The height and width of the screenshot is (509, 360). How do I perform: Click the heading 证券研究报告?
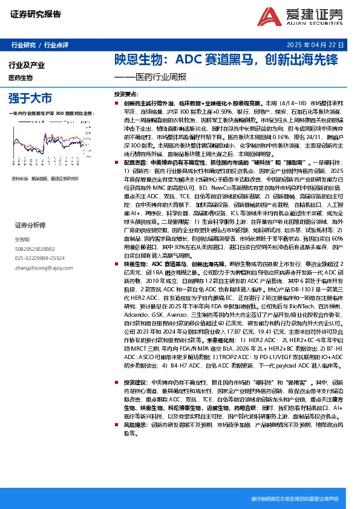click(x=36, y=14)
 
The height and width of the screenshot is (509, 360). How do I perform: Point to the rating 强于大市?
click(x=30, y=97)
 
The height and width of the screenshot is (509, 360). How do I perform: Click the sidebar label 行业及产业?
click(x=27, y=65)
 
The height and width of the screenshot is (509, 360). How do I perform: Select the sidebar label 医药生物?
click(x=21, y=78)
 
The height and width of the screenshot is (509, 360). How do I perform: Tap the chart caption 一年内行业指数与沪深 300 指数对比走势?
click(x=52, y=113)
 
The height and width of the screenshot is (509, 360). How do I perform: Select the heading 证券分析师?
click(x=31, y=225)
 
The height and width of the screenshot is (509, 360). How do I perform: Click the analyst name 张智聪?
click(x=22, y=239)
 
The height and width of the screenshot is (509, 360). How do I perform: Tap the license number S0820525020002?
click(x=35, y=248)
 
